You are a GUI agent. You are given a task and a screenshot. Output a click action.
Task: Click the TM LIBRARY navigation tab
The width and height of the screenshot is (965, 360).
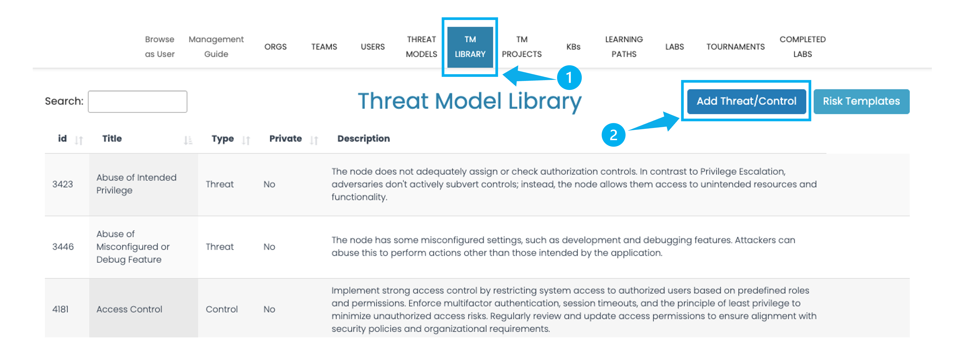(x=470, y=47)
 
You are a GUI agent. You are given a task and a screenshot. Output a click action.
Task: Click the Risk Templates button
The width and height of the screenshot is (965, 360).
(x=861, y=101)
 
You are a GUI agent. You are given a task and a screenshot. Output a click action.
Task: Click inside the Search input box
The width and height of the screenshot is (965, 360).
(x=138, y=102)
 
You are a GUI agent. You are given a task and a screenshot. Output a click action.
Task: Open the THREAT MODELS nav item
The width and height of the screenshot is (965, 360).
(x=421, y=47)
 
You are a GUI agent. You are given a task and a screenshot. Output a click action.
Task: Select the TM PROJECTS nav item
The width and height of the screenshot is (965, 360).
(x=522, y=47)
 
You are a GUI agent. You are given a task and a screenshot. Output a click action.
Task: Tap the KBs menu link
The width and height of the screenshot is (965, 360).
(x=573, y=47)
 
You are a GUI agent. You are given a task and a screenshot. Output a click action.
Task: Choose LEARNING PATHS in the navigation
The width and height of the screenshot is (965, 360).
(x=624, y=47)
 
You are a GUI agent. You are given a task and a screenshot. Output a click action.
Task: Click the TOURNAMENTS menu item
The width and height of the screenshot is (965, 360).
(x=735, y=47)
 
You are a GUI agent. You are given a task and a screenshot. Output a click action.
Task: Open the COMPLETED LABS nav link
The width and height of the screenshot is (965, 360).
(x=802, y=47)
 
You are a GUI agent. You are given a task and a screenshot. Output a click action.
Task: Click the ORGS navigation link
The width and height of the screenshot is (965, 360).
(x=275, y=47)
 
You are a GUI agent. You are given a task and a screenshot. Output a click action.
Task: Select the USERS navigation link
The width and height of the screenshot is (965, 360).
(x=373, y=47)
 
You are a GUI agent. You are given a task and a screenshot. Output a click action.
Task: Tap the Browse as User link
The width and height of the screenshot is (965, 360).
(x=160, y=47)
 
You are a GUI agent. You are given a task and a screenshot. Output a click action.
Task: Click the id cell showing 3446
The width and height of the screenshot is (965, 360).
(x=63, y=247)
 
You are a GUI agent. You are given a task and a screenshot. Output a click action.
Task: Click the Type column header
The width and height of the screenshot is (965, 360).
(x=222, y=139)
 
